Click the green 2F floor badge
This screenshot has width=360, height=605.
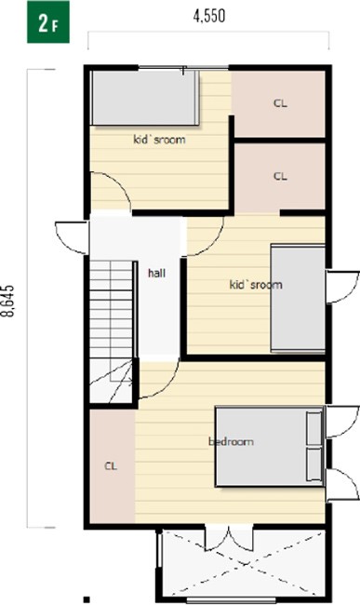pos(48,22)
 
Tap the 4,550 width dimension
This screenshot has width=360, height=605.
pos(209,16)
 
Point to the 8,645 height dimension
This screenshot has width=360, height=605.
pos(8,301)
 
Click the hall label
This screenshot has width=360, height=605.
pos(157,273)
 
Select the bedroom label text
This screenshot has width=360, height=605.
pos(231,441)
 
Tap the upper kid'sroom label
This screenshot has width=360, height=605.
pos(159,140)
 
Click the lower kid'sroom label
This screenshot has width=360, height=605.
pos(256,285)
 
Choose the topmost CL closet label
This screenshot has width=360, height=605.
pos(280,103)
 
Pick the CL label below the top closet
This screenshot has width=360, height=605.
pos(280,176)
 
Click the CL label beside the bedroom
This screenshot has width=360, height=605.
pos(111,466)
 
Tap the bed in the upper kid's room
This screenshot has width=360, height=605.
pos(145,98)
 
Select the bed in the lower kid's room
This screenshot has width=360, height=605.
pos(298,298)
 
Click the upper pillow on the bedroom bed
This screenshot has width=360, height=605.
pos(314,428)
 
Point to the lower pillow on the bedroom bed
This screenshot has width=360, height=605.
pos(314,464)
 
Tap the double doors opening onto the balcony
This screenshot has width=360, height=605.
pos(229,538)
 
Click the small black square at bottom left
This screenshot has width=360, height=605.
pos(87,599)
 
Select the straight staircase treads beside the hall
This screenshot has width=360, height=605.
pos(112,309)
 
